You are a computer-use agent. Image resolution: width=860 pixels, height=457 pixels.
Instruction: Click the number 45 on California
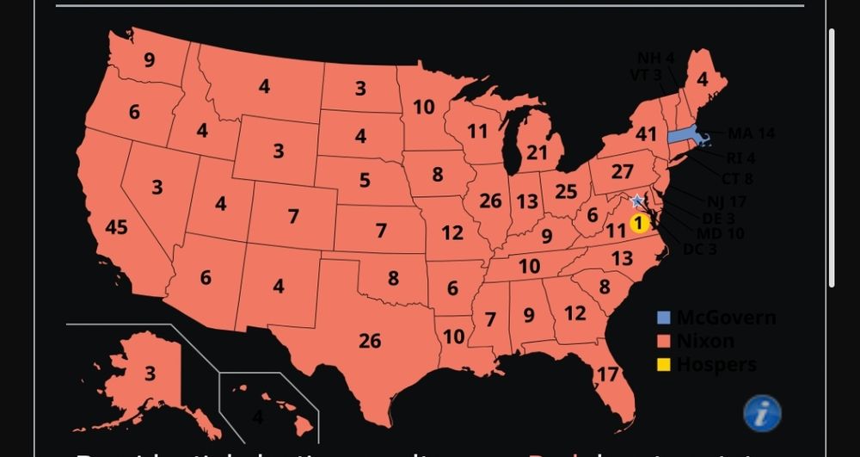[x=116, y=227]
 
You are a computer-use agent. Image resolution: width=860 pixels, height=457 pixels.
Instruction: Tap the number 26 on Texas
[x=370, y=342]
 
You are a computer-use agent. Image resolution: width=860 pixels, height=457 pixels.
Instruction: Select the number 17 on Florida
[x=607, y=374]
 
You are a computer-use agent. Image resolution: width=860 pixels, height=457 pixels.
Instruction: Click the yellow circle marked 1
[x=638, y=223]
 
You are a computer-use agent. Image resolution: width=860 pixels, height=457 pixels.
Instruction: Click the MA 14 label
[x=751, y=133]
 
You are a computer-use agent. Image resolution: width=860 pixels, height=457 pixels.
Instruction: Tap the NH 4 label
[x=655, y=59]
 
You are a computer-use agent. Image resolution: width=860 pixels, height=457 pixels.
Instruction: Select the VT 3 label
[x=645, y=75]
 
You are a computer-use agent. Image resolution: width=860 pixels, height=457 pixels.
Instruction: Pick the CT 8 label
[x=736, y=178]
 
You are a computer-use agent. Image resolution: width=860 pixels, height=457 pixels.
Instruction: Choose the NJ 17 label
[x=726, y=202]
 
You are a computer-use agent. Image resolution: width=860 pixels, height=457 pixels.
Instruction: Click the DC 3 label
[x=699, y=250]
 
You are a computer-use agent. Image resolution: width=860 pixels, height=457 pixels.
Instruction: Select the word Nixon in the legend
[x=705, y=342]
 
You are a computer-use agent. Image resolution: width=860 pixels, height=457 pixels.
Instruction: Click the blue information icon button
[x=761, y=413]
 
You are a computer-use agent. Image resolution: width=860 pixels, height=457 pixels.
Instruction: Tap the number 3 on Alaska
[x=150, y=374]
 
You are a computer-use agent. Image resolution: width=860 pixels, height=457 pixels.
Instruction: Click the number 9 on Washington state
[x=150, y=60]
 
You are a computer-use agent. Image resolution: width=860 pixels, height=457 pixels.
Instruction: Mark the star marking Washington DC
[x=636, y=201]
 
